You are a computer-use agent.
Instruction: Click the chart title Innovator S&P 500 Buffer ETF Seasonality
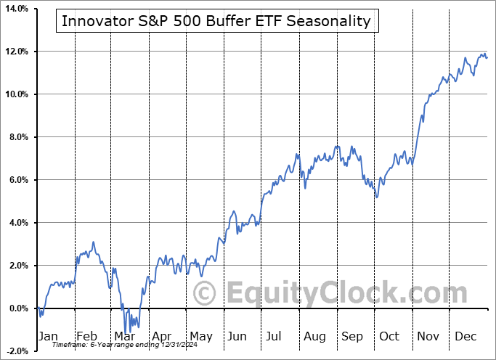pyautogui.click(x=216, y=21)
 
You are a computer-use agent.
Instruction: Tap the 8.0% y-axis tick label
pyautogui.click(x=17, y=137)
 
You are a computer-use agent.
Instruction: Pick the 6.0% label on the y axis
pyautogui.click(x=17, y=180)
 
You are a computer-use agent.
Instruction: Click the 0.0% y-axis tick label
pyautogui.click(x=17, y=308)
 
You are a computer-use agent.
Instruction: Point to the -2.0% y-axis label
pyautogui.click(x=15, y=351)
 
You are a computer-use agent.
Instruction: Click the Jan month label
pyautogui.click(x=47, y=337)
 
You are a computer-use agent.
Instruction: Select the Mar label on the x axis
pyautogui.click(x=124, y=337)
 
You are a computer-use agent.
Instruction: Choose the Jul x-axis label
pyautogui.click(x=275, y=337)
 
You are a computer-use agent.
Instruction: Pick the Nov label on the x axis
pyautogui.click(x=427, y=337)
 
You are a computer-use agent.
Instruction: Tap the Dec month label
pyautogui.click(x=465, y=337)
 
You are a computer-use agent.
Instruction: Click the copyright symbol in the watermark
pyautogui.click(x=203, y=293)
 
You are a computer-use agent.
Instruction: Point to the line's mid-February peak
pyautogui.click(x=93, y=242)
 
